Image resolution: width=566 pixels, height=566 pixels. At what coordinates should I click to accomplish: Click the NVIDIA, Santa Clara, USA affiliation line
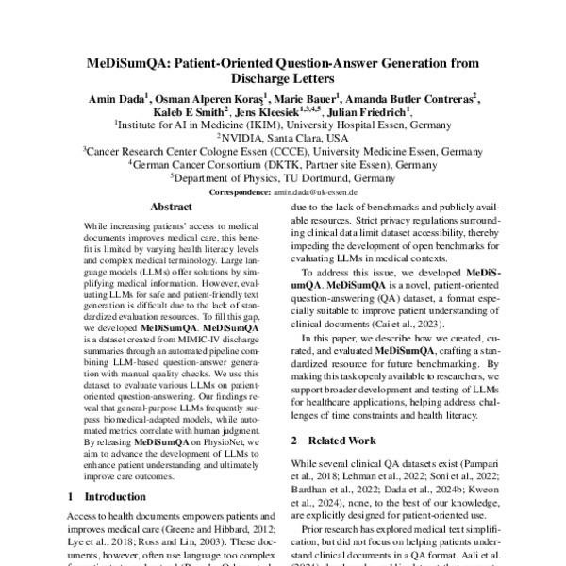pos(282,137)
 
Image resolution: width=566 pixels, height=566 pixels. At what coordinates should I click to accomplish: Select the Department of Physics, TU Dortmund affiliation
pos(282,176)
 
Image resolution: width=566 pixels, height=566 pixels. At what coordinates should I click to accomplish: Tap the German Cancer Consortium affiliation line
pos(282,163)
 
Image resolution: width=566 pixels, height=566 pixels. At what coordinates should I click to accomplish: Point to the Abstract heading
pos(172,207)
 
